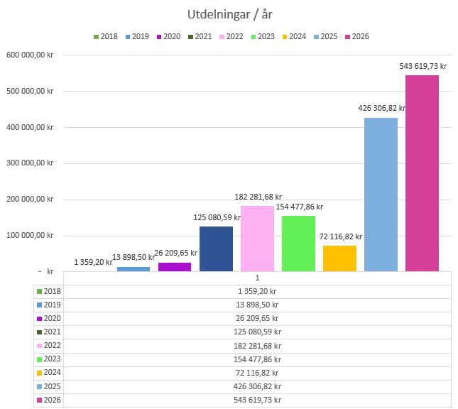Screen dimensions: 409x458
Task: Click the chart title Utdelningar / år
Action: pos(229,14)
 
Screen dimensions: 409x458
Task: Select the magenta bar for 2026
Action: pos(422,173)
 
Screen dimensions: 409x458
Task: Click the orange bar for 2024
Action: pos(339,258)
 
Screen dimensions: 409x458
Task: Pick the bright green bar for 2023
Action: pos(298,244)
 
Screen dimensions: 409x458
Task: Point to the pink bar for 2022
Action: pos(257,239)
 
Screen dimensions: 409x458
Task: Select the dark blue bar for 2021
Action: pos(216,249)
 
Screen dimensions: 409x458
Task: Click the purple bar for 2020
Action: pos(175,267)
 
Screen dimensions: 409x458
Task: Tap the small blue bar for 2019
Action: pos(133,269)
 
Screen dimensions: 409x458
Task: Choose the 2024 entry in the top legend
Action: pos(296,36)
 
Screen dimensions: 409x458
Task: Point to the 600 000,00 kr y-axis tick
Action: pos(31,55)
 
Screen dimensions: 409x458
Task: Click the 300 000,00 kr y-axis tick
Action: pos(31,163)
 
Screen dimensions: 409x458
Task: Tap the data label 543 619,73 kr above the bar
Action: pos(423,66)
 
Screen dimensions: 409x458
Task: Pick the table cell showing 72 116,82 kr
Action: pos(257,373)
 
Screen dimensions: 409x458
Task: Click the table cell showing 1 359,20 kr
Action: pos(257,291)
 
